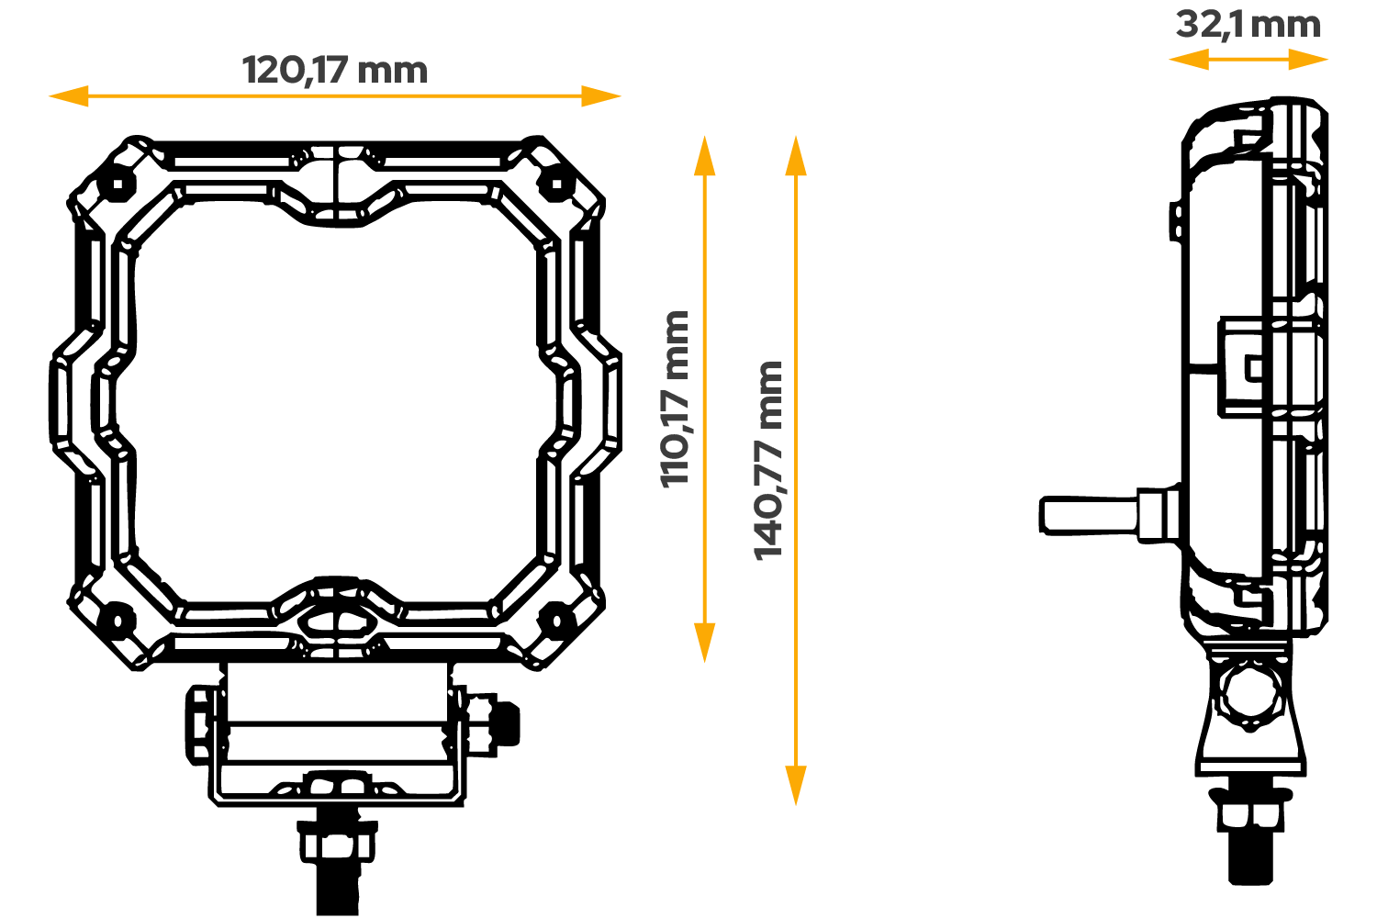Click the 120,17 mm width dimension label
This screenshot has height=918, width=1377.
pyautogui.click(x=334, y=71)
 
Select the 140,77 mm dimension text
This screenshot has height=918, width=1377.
pyautogui.click(x=768, y=460)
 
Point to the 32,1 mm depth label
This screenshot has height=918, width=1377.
pyautogui.click(x=1248, y=25)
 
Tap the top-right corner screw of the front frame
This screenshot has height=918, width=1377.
pyautogui.click(x=556, y=184)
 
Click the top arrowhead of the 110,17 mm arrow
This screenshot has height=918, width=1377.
pyautogui.click(x=704, y=152)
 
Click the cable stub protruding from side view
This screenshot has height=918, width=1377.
pyautogui.click(x=1089, y=515)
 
